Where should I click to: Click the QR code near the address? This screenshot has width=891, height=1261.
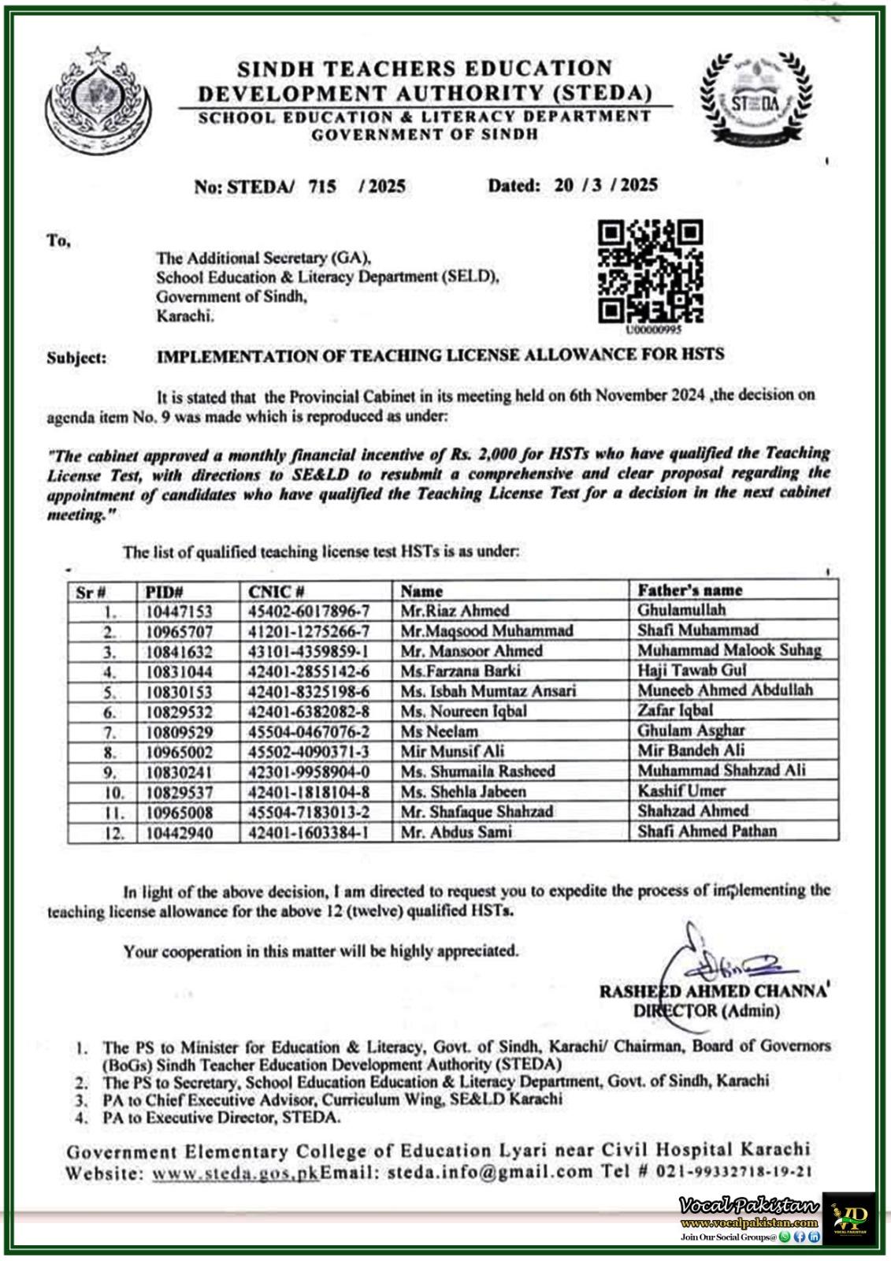pyautogui.click(x=650, y=271)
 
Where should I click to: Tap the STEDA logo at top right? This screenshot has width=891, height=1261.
pyautogui.click(x=754, y=100)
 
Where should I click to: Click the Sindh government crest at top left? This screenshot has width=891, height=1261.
pyautogui.click(x=98, y=100)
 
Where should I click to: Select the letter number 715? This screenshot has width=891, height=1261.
pyautogui.click(x=322, y=187)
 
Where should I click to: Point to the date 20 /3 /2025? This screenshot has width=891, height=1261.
pyautogui.click(x=605, y=185)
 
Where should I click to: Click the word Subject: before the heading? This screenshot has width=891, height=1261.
pyautogui.click(x=76, y=358)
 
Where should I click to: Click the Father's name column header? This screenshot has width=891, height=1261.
pyautogui.click(x=689, y=590)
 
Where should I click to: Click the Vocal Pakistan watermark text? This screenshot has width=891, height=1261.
pyautogui.click(x=748, y=1206)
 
